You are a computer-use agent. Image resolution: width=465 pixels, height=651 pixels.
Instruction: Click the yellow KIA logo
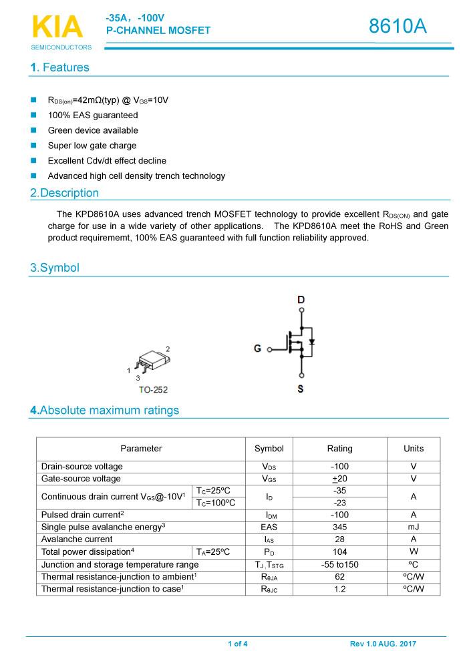click(57, 27)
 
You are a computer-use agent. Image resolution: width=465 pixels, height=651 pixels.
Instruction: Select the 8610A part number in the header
click(398, 27)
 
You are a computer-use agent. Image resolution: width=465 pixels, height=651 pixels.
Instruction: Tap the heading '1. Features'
click(59, 67)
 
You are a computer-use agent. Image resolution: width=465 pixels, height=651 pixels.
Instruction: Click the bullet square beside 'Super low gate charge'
click(33, 146)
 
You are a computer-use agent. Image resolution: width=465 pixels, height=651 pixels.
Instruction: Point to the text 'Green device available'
click(93, 130)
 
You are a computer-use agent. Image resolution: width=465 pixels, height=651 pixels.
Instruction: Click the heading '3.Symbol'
click(54, 268)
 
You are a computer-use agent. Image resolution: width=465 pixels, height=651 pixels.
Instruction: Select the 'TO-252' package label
click(153, 390)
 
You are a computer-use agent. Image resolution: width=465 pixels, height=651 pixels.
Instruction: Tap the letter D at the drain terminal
click(301, 300)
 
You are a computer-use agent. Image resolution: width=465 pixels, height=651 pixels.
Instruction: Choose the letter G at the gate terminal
click(257, 349)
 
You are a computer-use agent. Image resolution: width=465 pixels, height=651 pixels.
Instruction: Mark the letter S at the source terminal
click(301, 389)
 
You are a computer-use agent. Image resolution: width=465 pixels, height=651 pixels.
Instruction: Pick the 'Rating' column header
click(339, 449)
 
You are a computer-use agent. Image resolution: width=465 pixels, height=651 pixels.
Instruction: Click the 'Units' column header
click(414, 449)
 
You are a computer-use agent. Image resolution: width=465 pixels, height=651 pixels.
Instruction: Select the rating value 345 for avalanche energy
click(339, 527)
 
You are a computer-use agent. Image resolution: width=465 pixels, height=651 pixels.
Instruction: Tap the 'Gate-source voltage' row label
click(81, 479)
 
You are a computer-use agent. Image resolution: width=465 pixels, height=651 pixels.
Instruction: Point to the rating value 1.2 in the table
click(339, 589)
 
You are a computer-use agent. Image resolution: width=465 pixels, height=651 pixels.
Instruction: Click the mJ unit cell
click(414, 527)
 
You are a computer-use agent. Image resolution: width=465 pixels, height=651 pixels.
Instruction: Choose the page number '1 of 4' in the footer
click(238, 644)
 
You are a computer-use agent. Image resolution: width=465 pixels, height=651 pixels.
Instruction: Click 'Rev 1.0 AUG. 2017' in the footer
click(383, 644)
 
